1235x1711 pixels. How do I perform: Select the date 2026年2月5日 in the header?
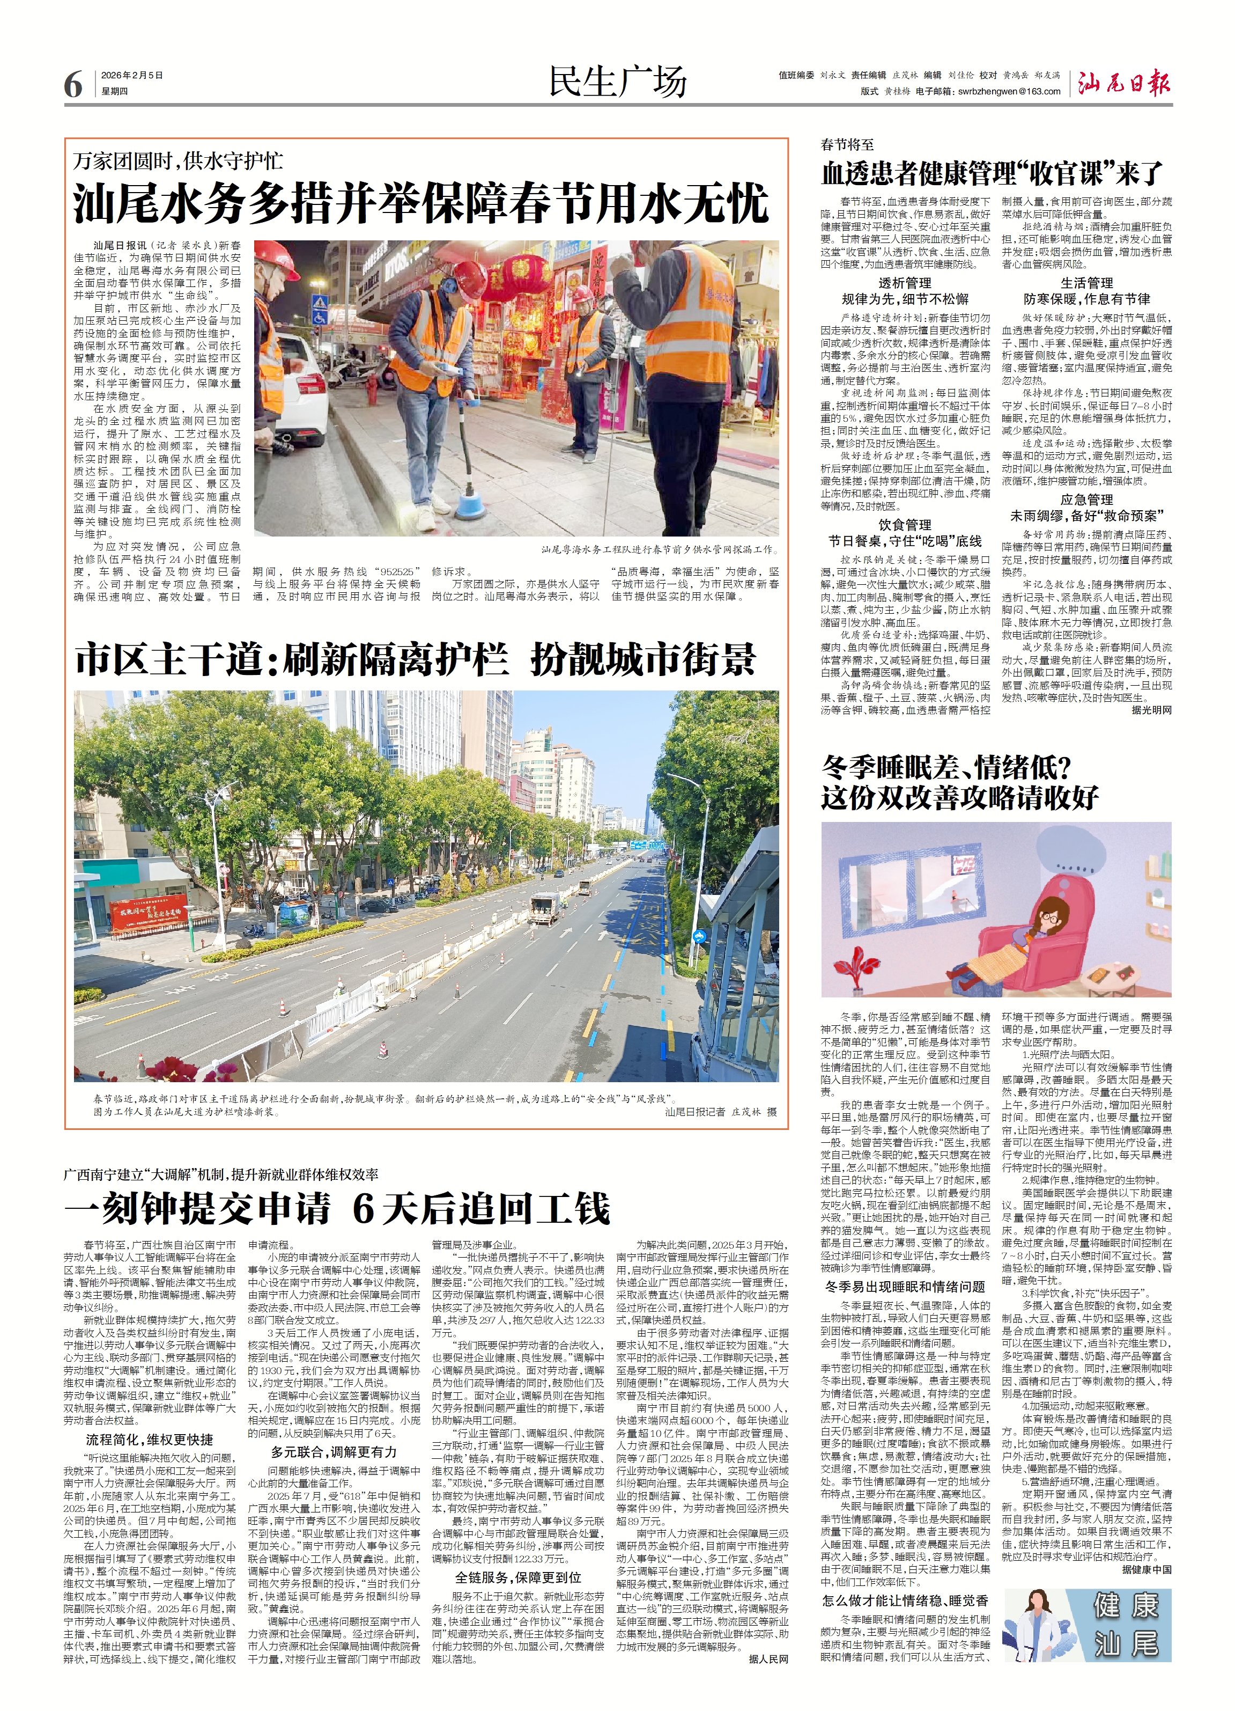coord(132,76)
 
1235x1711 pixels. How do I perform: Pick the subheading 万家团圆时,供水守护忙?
coord(178,160)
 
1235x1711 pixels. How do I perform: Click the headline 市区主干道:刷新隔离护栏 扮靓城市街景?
coord(415,660)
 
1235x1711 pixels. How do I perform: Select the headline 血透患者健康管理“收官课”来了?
coord(992,173)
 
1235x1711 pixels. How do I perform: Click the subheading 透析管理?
coord(905,283)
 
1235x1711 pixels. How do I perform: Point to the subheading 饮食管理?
coord(905,524)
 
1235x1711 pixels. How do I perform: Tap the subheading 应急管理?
coord(1086,500)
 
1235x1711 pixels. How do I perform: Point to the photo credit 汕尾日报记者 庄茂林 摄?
coord(720,1111)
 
